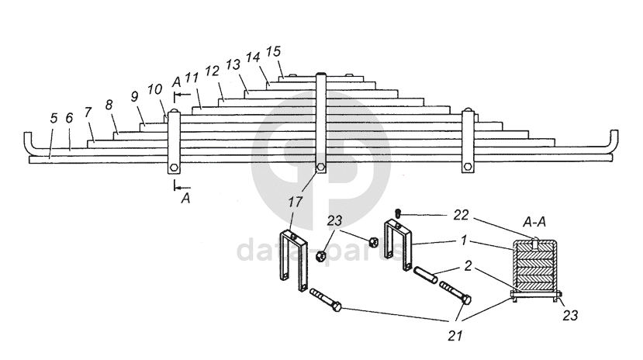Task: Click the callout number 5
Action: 54,119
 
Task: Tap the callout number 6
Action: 69,118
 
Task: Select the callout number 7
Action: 88,112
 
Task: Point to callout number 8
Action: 109,104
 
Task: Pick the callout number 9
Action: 134,96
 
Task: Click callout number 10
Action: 155,88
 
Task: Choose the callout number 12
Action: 211,71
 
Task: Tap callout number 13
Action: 232,64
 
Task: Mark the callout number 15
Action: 273,51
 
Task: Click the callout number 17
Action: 296,202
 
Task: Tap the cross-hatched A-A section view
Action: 535,268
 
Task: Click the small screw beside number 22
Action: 397,212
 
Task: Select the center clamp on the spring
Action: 320,124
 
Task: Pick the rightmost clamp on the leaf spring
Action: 467,144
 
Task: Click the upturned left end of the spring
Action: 29,144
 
